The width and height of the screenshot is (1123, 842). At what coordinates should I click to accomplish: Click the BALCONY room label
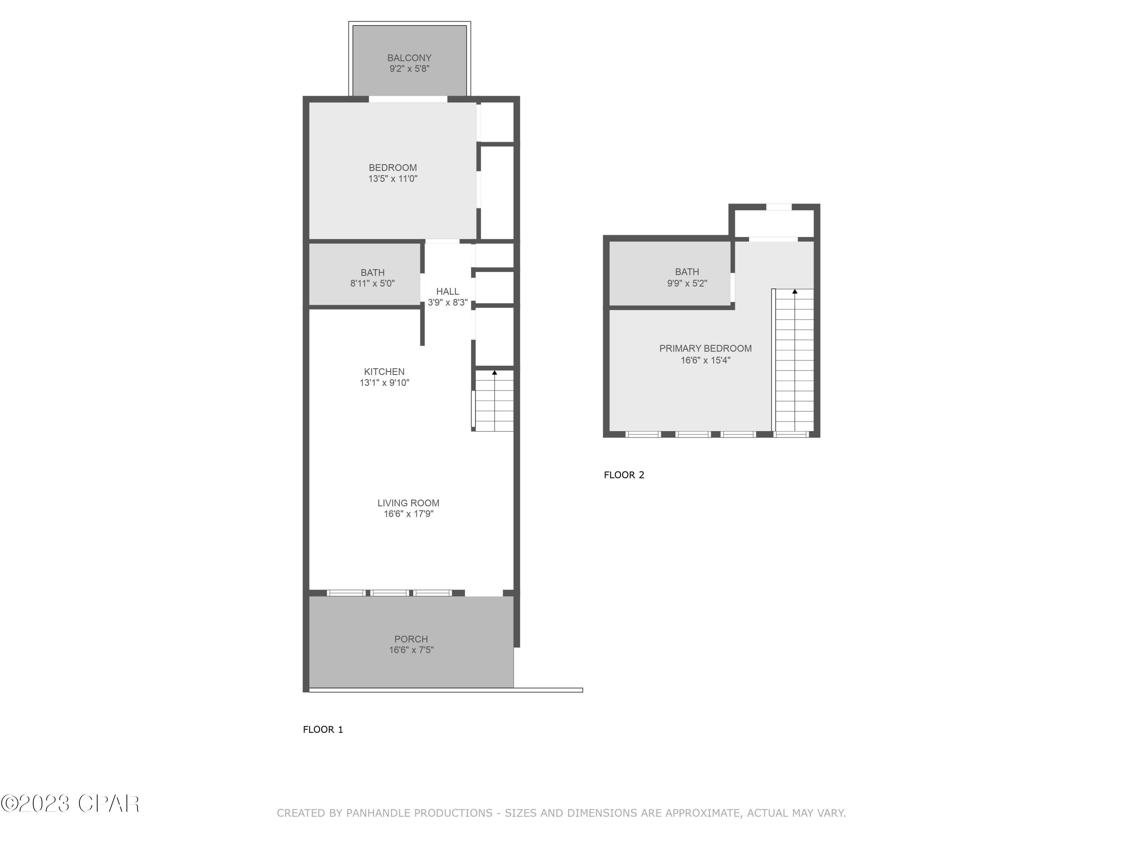(409, 58)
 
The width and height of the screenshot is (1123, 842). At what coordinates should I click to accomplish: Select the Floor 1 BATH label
(372, 272)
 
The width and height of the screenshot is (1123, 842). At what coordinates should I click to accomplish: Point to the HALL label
(447, 291)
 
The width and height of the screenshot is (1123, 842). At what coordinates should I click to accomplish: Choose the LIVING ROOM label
(408, 503)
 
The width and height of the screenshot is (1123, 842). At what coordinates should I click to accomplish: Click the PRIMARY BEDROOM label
(705, 348)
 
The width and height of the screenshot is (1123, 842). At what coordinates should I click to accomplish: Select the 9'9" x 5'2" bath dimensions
(687, 283)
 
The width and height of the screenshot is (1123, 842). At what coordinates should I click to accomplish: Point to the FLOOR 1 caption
(323, 729)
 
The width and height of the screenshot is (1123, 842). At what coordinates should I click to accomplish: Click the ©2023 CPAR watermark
(70, 804)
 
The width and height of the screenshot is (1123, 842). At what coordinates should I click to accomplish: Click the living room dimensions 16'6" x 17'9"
(408, 514)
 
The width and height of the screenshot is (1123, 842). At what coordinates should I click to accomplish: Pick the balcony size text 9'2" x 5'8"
(409, 68)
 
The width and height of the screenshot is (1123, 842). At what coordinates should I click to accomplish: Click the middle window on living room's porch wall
(389, 592)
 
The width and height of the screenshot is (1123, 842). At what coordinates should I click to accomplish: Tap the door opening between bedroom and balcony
(408, 99)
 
